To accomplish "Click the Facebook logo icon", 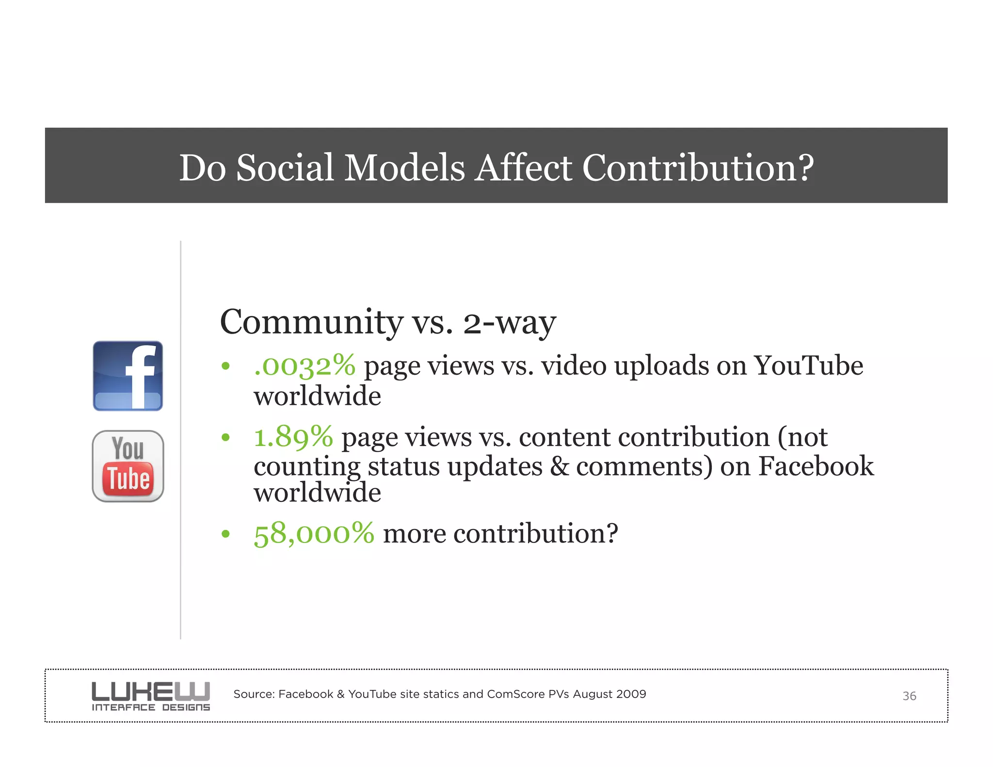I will (128, 376).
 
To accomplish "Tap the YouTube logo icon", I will (128, 466).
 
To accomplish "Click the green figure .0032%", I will (304, 366).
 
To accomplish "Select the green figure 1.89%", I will (293, 437).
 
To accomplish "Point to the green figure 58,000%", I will (314, 533).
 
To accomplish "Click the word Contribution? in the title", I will (698, 168).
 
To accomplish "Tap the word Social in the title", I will (285, 168).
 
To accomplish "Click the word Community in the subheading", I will (311, 322).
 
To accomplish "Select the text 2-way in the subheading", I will (509, 323).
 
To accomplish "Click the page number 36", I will (909, 696).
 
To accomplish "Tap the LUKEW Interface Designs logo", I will (151, 696).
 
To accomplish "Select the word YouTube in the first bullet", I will (808, 366).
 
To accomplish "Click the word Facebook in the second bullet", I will (816, 466).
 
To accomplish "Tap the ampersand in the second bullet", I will (560, 466).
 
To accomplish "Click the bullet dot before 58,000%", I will (225, 534).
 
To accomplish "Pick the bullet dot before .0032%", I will (225, 367).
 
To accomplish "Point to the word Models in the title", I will (404, 168).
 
